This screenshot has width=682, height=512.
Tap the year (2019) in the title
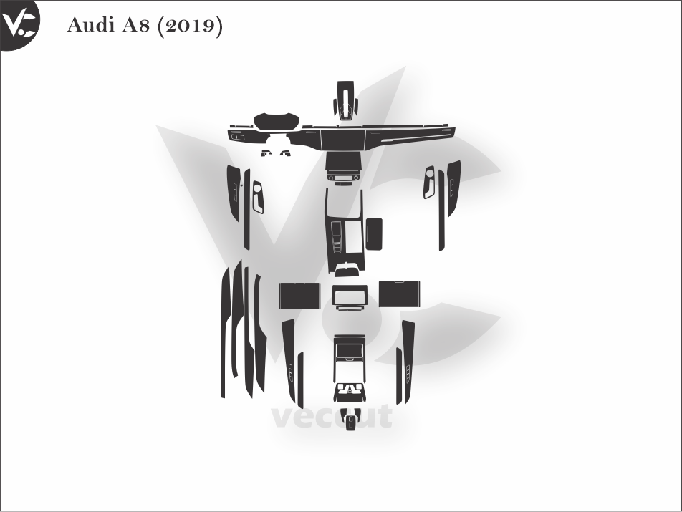[189, 26]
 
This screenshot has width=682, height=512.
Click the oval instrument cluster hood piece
[277, 121]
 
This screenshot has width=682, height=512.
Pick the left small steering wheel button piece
[266, 153]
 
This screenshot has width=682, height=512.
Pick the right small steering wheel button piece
[284, 153]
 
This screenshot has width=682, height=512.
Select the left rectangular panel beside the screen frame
[300, 295]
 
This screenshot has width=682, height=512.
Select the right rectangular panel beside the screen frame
[399, 294]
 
